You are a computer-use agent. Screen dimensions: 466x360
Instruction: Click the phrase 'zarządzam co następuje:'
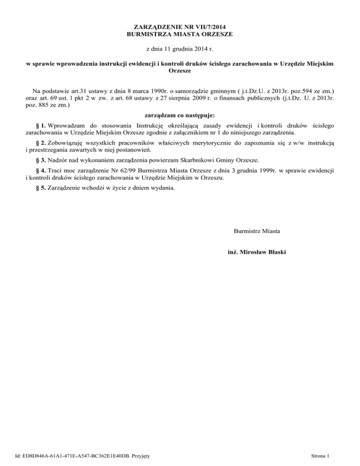180,114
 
